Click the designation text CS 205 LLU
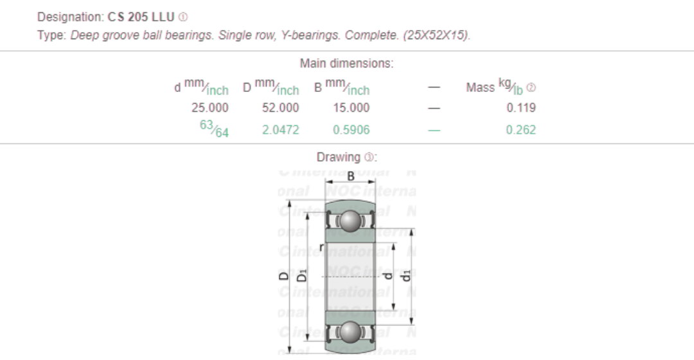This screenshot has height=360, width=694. (x=141, y=17)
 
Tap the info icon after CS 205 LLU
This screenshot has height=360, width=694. (x=183, y=17)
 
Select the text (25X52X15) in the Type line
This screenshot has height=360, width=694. (x=437, y=35)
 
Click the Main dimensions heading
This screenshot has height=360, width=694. (x=346, y=64)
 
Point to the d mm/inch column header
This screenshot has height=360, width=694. (x=200, y=87)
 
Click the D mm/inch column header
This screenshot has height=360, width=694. (x=271, y=87)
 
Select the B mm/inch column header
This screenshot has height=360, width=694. (x=341, y=87)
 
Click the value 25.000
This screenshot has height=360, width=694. (x=209, y=108)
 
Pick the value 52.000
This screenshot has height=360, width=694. (x=280, y=108)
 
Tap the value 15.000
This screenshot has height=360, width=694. (x=351, y=108)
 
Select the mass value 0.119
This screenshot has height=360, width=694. (x=520, y=108)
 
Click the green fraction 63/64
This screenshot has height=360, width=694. (x=214, y=129)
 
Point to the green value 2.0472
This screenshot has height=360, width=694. (x=280, y=130)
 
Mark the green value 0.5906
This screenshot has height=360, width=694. (x=351, y=130)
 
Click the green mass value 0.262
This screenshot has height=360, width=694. (x=520, y=130)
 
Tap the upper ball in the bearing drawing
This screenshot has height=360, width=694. (x=350, y=221)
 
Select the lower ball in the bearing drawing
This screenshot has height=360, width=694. (x=350, y=332)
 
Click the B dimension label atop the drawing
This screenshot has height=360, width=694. (x=350, y=176)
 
